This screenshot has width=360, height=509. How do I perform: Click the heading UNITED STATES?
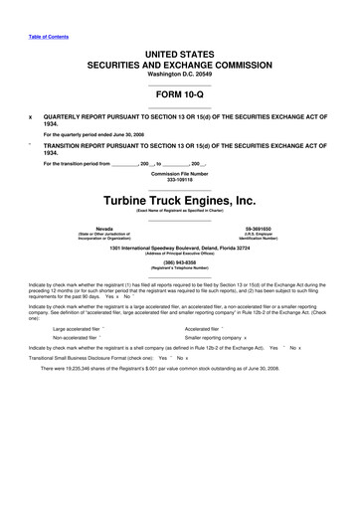pos(179,51)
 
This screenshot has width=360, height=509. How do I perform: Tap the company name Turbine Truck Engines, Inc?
pos(179,202)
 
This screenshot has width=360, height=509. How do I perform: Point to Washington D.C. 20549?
pos(179,75)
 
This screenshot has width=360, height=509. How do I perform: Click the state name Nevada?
pos(103,228)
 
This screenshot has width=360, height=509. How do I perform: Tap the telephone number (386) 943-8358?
pos(179,263)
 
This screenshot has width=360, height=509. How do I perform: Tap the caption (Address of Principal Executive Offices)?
pos(179,254)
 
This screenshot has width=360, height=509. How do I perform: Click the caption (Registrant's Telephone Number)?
pos(179,269)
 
